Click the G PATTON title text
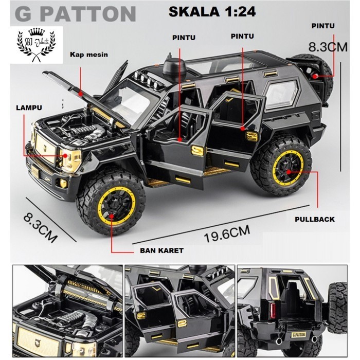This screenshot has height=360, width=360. point(75,14)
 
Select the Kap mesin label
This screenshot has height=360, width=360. point(88,55)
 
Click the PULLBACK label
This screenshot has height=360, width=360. point(315,219)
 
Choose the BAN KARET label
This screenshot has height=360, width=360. point(161,250)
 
